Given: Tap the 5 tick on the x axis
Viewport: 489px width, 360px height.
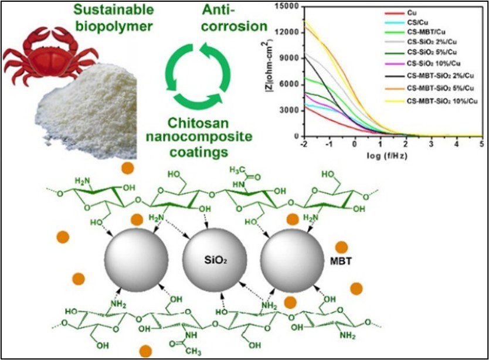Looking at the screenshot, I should pyautogui.click(x=481, y=144).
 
